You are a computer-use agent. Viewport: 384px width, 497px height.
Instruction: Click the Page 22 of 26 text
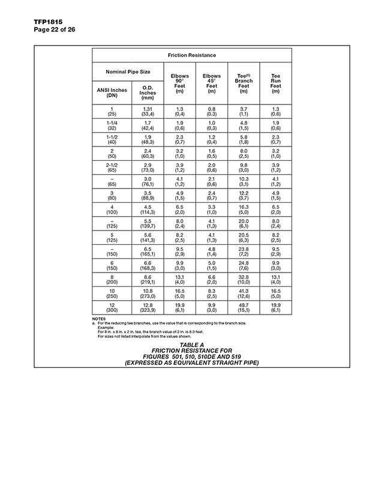55,29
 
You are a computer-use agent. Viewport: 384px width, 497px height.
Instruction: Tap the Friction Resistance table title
191,55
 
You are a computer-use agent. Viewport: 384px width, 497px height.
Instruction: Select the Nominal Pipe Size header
128,71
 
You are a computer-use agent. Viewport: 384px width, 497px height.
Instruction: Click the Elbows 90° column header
179,83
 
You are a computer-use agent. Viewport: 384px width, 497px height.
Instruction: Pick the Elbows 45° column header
212,83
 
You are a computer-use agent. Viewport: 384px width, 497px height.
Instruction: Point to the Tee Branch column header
244,83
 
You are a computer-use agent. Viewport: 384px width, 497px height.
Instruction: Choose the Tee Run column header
275,83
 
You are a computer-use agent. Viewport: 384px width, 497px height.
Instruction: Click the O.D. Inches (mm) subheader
148,92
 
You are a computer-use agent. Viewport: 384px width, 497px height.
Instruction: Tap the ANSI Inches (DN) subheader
112,92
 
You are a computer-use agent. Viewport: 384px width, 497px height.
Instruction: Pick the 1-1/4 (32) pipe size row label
112,125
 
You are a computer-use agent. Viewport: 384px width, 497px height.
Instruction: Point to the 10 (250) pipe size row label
112,293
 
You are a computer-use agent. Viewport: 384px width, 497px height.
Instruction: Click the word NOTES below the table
98,318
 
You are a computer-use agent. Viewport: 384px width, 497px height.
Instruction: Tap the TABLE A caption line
191,345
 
